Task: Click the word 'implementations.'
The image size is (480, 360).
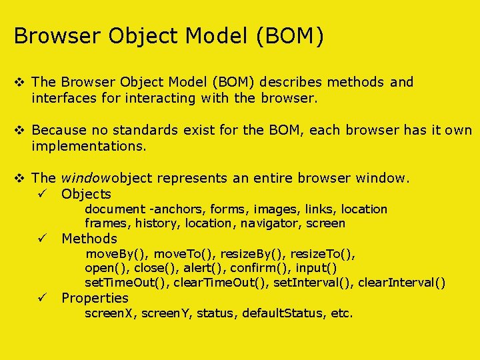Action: click(x=87, y=147)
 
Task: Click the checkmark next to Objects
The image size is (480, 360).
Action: click(x=41, y=194)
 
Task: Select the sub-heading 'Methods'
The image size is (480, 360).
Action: click(x=89, y=239)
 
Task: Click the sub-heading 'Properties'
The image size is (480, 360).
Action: click(x=95, y=298)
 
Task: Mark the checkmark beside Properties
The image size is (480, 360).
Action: click(x=41, y=298)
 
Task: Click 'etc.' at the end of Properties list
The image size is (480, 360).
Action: click(x=341, y=313)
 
